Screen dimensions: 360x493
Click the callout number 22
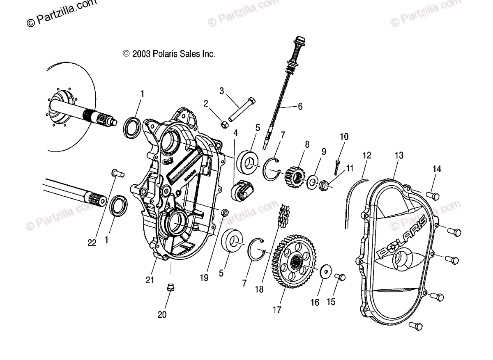(92, 243)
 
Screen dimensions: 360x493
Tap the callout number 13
(399, 156)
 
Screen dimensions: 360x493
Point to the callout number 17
(277, 310)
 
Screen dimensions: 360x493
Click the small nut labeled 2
(225, 124)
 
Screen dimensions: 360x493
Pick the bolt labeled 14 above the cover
(433, 195)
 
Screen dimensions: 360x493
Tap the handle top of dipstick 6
(299, 42)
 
